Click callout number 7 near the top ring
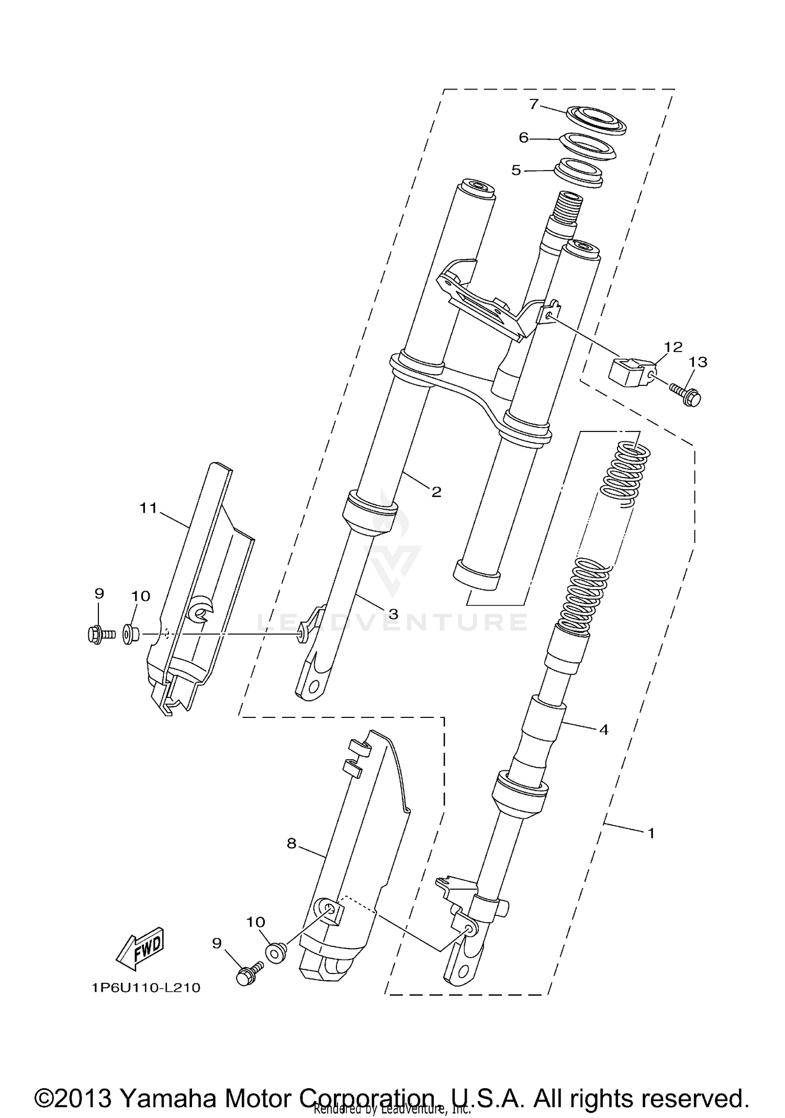pos(533,104)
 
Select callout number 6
pos(524,138)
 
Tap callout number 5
pos(516,171)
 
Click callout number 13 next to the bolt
pos(698,362)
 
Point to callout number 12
pos(674,347)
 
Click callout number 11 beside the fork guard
pos(148,507)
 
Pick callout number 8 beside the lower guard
pos(291,843)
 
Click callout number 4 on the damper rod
pos(603,729)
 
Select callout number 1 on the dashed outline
pos(651,833)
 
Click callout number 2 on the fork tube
pos(436,492)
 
